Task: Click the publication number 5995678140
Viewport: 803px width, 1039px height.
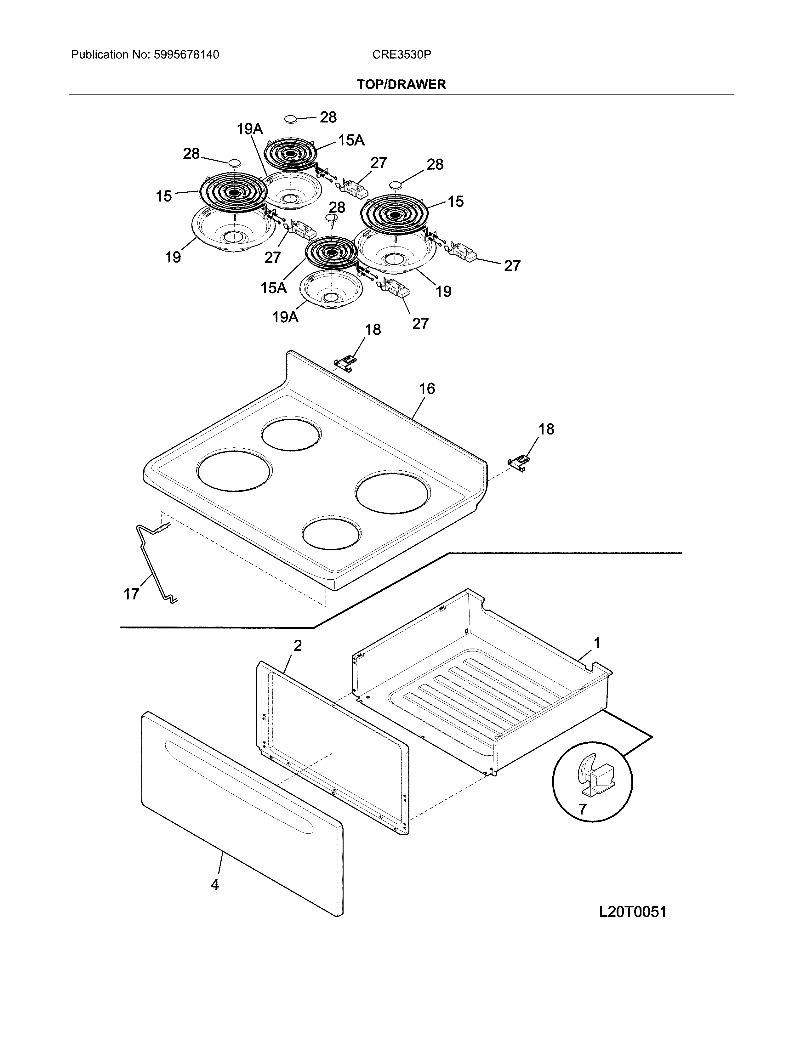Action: pos(186,55)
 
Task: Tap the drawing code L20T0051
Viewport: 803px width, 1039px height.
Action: pos(632,912)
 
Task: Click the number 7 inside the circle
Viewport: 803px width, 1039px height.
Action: pos(582,809)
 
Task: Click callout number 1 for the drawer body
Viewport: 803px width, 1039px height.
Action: pos(596,643)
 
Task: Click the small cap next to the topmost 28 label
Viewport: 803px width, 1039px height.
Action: pos(290,118)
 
